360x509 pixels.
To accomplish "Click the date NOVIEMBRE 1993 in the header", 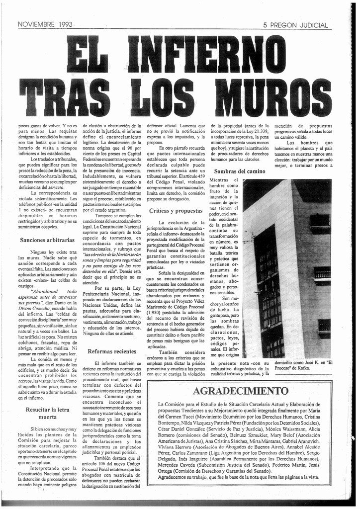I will click(45, 24).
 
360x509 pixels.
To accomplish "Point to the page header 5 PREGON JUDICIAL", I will click(295, 25).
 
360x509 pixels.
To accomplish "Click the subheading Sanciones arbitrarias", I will click(47, 240).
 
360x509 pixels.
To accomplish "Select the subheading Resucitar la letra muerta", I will click(47, 413).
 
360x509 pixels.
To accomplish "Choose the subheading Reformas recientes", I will click(111, 351).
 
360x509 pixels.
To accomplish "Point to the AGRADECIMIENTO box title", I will click(240, 391).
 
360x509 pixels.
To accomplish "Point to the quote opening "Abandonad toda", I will click(55, 292).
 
